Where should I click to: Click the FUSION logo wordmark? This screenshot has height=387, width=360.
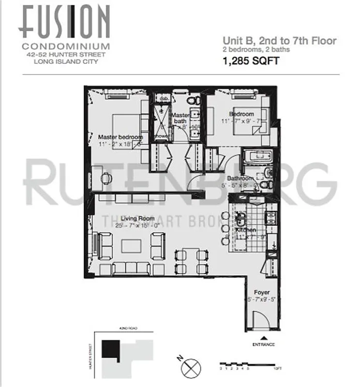[x=66, y=22]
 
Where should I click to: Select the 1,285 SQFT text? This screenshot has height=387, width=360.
[x=251, y=61]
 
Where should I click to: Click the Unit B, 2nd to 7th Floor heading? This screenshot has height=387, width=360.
[x=279, y=41]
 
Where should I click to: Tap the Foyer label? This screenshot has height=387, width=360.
[x=262, y=293]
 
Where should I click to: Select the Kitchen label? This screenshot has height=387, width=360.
[x=247, y=230]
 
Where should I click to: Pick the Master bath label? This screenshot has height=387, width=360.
[x=180, y=118]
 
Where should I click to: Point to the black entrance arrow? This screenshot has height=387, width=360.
[x=263, y=338]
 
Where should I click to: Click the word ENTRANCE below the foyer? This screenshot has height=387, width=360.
[x=263, y=344]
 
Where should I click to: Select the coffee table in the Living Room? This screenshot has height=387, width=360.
[x=131, y=246]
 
